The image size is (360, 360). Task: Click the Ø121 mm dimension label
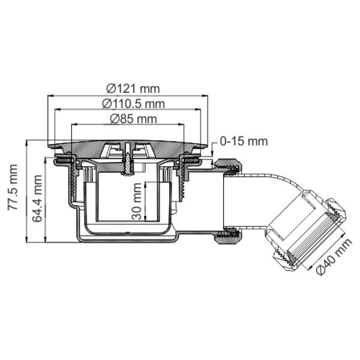(x=133, y=89)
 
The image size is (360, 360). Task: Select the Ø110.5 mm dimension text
(x=133, y=104)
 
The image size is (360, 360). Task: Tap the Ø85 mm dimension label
(x=133, y=119)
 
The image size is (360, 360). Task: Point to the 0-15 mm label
(x=244, y=141)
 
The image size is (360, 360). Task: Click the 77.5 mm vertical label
(x=13, y=187)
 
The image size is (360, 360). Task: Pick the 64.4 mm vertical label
(x=37, y=199)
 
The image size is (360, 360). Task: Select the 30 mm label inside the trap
(x=137, y=201)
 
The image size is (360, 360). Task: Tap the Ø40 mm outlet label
(x=334, y=256)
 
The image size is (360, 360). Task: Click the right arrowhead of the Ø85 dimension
(x=181, y=124)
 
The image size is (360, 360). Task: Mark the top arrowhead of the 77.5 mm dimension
(x=27, y=143)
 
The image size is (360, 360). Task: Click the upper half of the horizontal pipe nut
(x=227, y=166)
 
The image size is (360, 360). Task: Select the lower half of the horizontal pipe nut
(x=227, y=236)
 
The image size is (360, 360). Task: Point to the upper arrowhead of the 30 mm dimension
(x=145, y=185)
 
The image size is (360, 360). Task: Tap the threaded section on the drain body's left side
(x=73, y=178)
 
